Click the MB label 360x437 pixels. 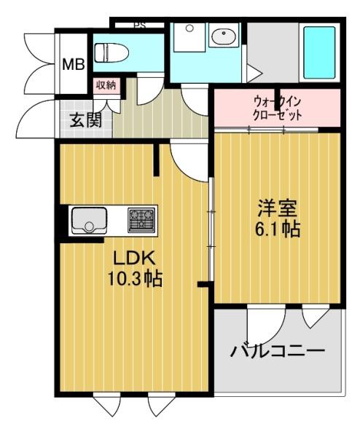(72, 64)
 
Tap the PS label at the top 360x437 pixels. (138, 25)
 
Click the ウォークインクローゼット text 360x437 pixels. (277, 108)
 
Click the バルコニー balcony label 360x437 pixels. (277, 352)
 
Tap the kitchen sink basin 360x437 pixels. (89, 219)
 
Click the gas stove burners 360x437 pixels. (142, 219)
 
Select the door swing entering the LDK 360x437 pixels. (187, 159)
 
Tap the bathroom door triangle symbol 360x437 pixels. (253, 74)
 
